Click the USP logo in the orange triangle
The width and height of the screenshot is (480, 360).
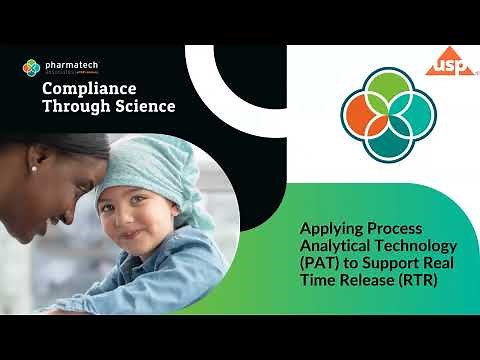click(x=445, y=66)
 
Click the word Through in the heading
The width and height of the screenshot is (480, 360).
click(x=73, y=105)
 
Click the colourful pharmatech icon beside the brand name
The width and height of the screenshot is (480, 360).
click(x=30, y=68)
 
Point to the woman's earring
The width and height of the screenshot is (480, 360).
click(x=32, y=168)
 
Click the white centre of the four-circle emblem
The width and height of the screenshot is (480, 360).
click(x=384, y=110)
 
